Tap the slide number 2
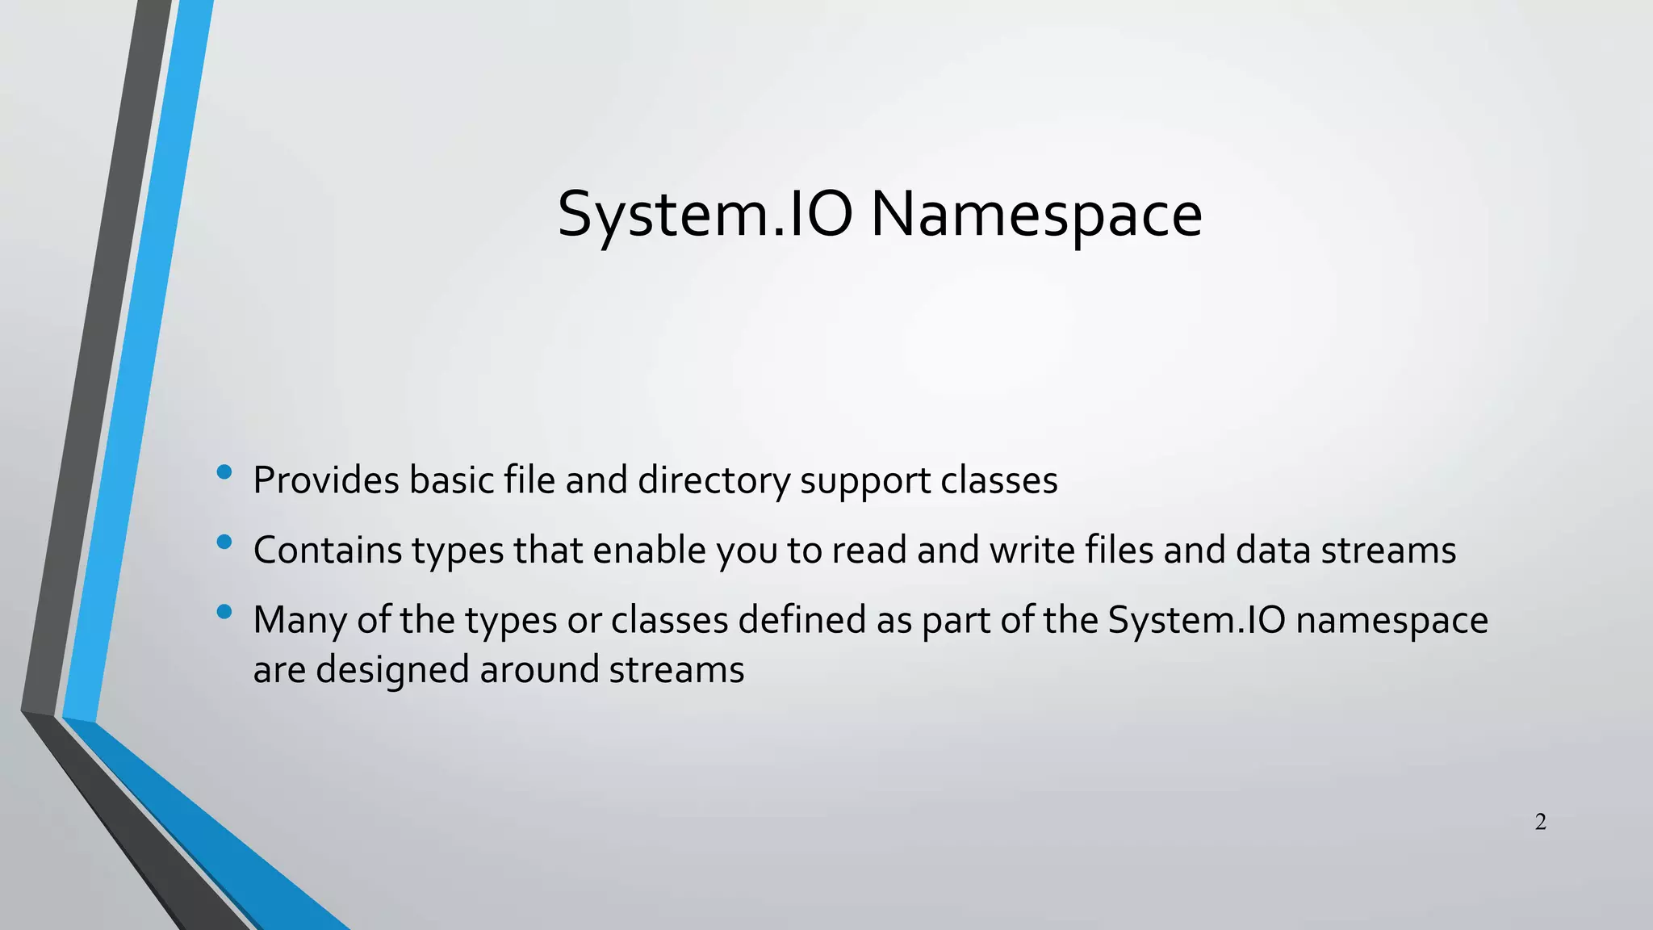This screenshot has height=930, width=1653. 1540,822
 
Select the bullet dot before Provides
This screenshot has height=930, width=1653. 224,471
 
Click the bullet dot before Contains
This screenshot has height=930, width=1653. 224,542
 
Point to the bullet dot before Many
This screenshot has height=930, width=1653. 224,612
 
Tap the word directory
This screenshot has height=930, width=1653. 714,482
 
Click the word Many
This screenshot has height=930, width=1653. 299,621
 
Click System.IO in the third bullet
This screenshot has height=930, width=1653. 1196,620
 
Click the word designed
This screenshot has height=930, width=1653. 392,670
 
